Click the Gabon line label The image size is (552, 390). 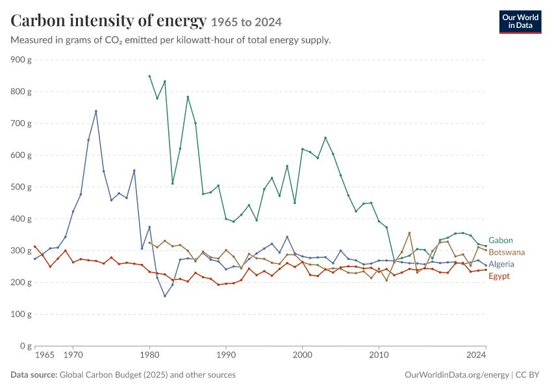[500, 240]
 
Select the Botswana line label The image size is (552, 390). [507, 252]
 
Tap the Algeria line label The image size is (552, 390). [501, 265]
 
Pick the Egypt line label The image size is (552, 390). [499, 276]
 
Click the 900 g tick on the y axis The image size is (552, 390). [21, 60]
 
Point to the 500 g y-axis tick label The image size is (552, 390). [21, 187]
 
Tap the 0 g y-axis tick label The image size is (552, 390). [25, 346]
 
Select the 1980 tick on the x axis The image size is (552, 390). [149, 354]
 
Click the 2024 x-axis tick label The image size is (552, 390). [476, 354]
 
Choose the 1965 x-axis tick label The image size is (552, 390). [45, 354]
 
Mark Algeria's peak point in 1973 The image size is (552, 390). [95, 111]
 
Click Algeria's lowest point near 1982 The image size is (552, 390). [165, 296]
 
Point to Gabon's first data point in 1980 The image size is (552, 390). [149, 76]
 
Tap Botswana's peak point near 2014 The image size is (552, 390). [409, 233]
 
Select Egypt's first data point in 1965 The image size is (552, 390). [35, 246]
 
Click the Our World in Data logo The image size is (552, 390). [520, 22]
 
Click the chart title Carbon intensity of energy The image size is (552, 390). [108, 20]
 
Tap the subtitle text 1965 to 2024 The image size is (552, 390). [246, 22]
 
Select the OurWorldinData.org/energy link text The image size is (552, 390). [457, 374]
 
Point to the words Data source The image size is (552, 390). [34, 374]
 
